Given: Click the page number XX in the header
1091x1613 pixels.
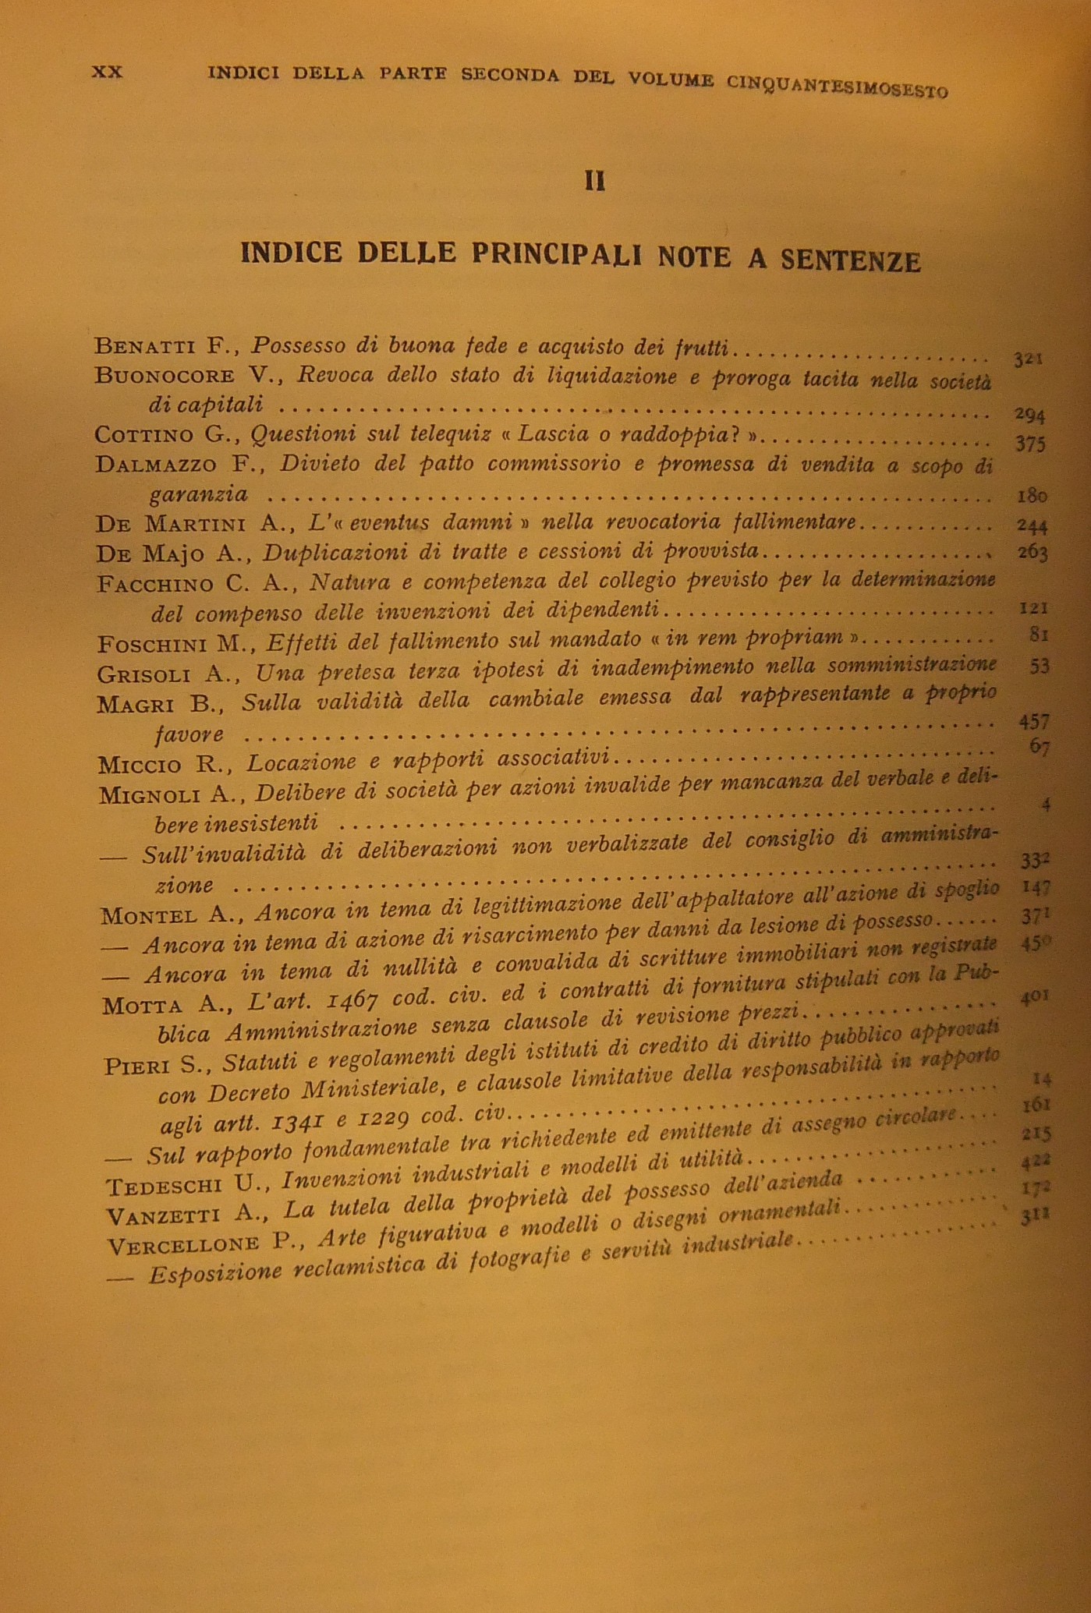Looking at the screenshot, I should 108,72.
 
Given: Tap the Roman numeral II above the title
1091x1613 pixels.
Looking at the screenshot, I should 595,182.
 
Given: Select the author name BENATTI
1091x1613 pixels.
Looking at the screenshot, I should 143,345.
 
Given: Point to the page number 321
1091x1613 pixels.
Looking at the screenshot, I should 1029,359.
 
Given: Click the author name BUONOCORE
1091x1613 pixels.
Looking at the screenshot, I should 165,375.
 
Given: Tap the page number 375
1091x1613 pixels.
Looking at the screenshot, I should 1029,444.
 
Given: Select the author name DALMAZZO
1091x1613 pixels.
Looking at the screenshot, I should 156,465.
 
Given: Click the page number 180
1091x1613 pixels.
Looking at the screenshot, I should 1032,496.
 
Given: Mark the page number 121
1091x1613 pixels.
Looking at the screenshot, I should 1033,607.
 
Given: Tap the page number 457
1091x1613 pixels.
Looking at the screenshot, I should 1034,722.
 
